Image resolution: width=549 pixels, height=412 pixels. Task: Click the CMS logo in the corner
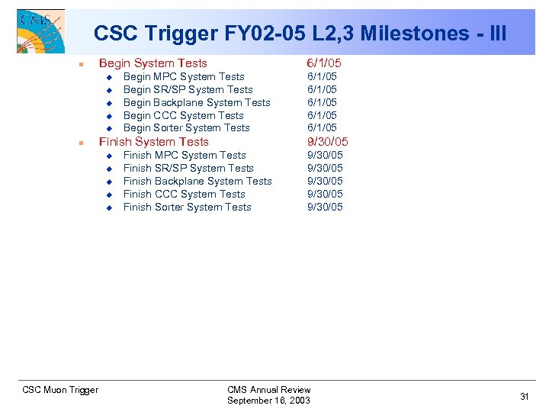(x=40, y=30)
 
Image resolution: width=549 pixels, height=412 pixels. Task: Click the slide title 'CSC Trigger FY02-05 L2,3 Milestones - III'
(x=300, y=34)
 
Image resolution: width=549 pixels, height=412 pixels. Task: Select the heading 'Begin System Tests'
(x=152, y=63)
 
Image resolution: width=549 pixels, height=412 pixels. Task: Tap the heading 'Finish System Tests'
(x=153, y=142)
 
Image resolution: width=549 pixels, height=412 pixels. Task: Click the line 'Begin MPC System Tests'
(x=184, y=76)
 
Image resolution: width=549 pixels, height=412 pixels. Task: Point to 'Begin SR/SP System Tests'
(x=188, y=89)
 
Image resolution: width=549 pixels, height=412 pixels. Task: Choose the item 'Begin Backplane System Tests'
(x=197, y=102)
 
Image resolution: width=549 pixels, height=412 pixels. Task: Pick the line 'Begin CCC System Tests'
(x=183, y=115)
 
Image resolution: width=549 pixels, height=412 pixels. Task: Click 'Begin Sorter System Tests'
(x=186, y=128)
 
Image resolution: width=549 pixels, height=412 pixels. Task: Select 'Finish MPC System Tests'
(x=185, y=155)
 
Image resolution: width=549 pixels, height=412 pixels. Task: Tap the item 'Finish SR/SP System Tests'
(x=188, y=168)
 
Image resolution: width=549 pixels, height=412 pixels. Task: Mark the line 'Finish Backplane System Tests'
(x=197, y=181)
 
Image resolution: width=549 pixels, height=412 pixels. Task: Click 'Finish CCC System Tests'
(x=184, y=194)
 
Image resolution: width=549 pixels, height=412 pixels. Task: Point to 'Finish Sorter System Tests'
(x=187, y=207)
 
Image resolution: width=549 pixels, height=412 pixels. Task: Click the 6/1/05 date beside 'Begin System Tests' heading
(x=324, y=63)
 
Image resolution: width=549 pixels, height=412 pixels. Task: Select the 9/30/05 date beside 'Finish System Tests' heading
(x=328, y=142)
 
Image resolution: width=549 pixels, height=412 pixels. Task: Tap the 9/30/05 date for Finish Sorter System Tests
(x=325, y=207)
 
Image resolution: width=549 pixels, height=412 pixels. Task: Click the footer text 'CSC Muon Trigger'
(x=60, y=390)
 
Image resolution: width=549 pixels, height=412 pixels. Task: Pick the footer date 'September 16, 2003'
(x=268, y=401)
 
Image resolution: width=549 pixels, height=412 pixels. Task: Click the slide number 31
(x=525, y=396)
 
